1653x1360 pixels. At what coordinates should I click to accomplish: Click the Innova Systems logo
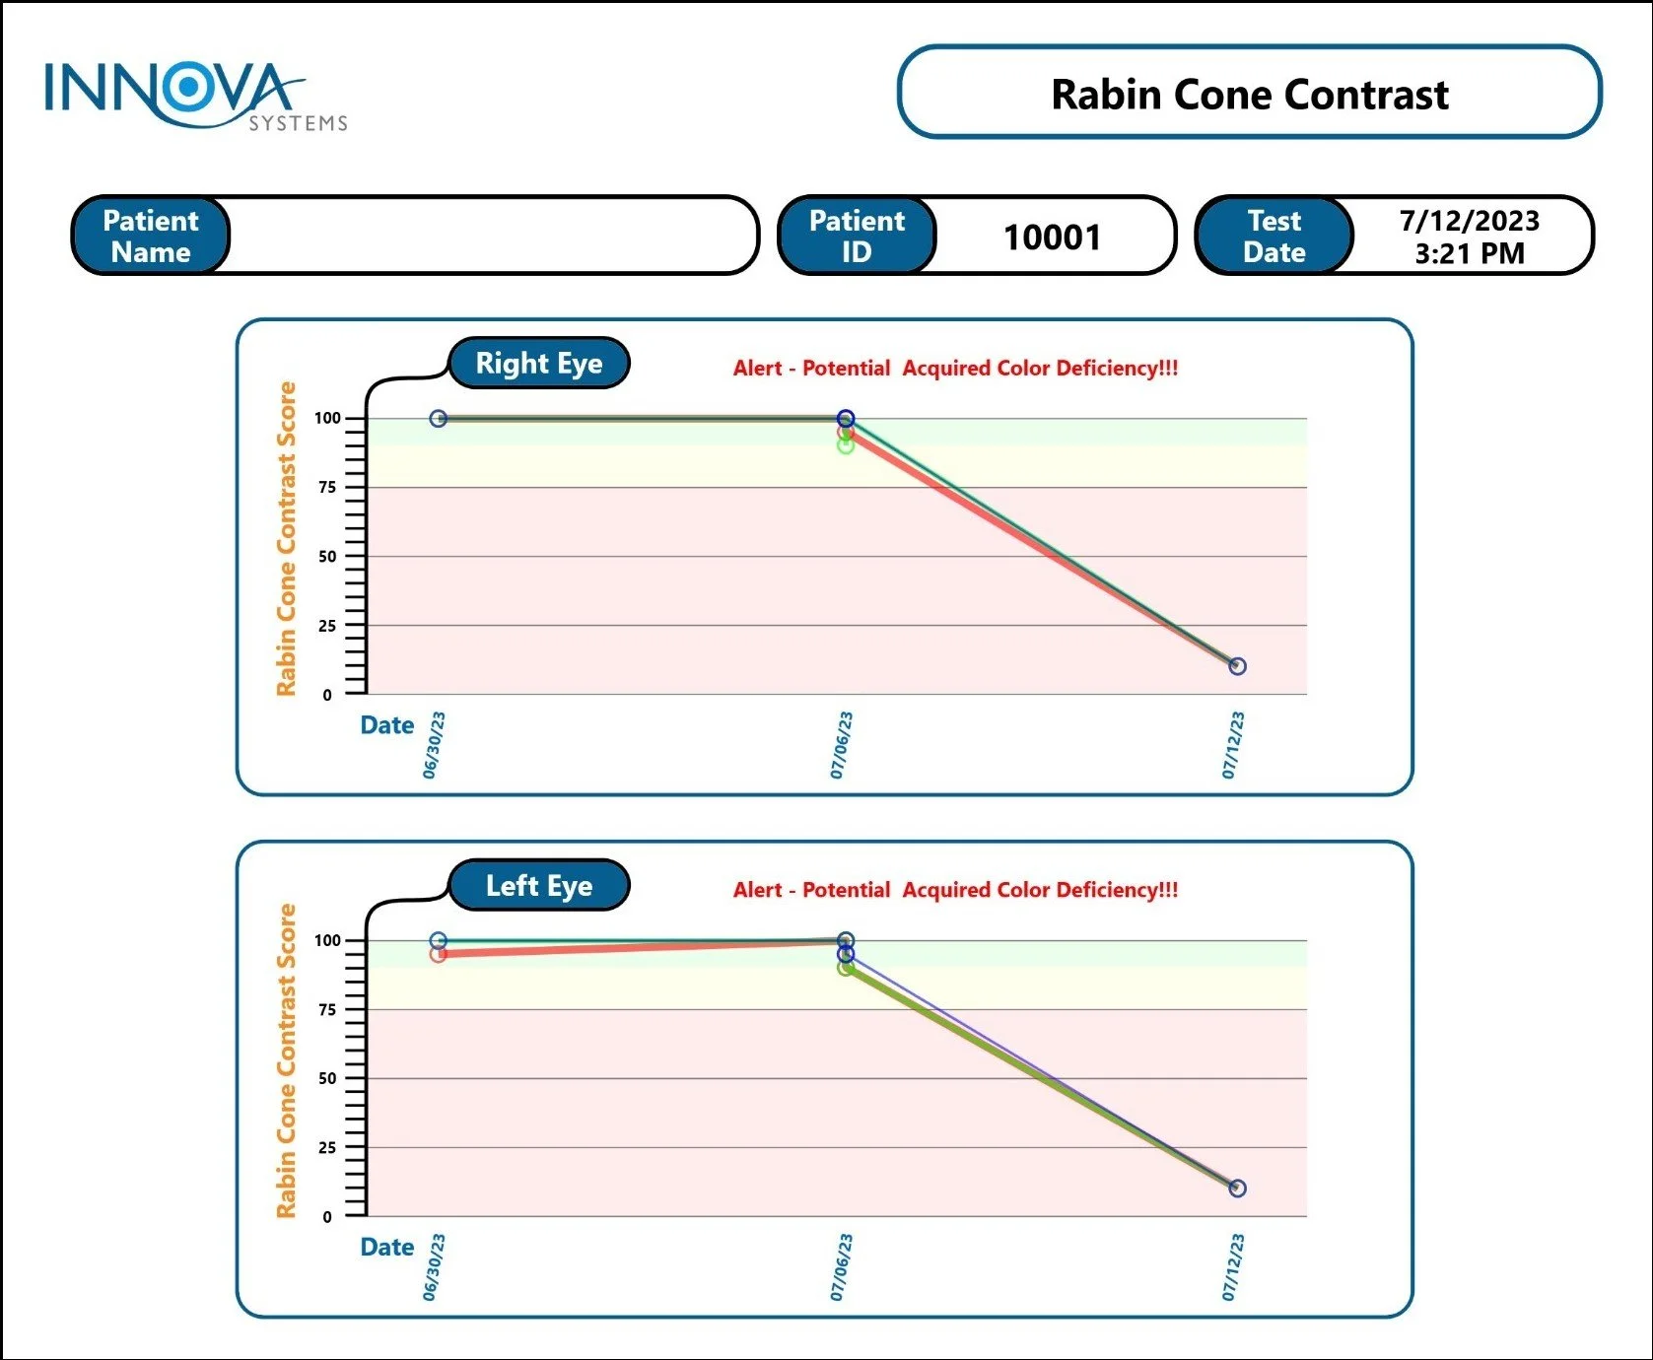coord(193,96)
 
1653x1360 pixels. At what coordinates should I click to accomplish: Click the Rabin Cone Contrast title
coord(1249,95)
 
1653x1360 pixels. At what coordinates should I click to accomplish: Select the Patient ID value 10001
coord(1052,238)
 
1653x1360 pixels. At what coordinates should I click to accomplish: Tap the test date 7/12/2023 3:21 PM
coord(1469,237)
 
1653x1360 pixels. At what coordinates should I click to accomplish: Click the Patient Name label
coord(151,237)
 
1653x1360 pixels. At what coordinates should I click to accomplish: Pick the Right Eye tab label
coord(538,364)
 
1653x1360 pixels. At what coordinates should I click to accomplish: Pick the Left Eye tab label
coord(538,886)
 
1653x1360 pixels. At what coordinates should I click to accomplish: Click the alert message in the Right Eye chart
coord(955,369)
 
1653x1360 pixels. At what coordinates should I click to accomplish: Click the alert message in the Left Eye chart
coord(955,890)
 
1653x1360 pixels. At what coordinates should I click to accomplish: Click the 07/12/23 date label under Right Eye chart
coord(1233,745)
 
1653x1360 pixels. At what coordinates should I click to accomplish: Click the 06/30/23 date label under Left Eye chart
coord(434,1267)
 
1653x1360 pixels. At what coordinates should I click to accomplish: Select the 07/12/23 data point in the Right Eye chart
coord(1237,666)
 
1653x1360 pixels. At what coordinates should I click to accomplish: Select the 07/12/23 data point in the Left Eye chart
coord(1237,1189)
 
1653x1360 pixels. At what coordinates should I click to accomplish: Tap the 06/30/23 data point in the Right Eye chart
coord(439,419)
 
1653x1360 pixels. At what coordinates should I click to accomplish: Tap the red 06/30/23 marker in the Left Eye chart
coord(439,954)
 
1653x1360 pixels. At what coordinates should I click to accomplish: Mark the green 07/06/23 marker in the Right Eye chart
coord(846,445)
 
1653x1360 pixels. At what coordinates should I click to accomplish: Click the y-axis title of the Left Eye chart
coord(286,1060)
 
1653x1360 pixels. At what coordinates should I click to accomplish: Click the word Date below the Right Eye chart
coord(386,726)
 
